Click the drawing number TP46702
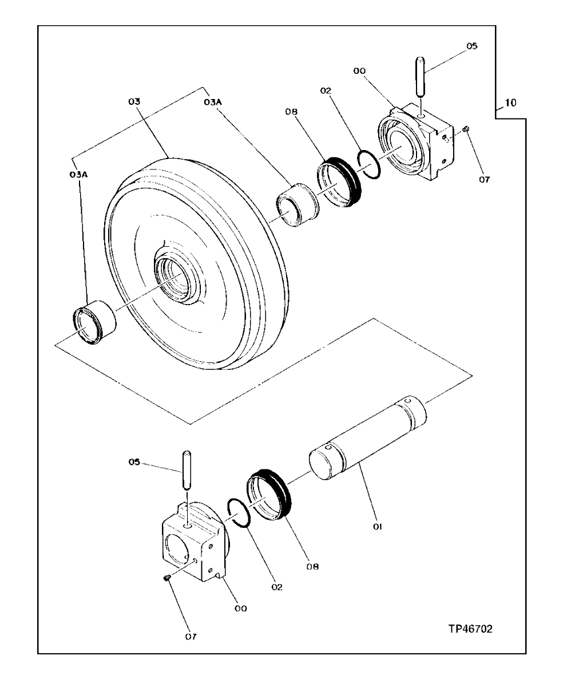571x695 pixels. coord(470,629)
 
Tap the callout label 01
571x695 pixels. coord(376,524)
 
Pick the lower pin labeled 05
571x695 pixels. coord(185,469)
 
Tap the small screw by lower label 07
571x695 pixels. coord(167,579)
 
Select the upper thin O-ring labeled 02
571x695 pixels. coord(369,164)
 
